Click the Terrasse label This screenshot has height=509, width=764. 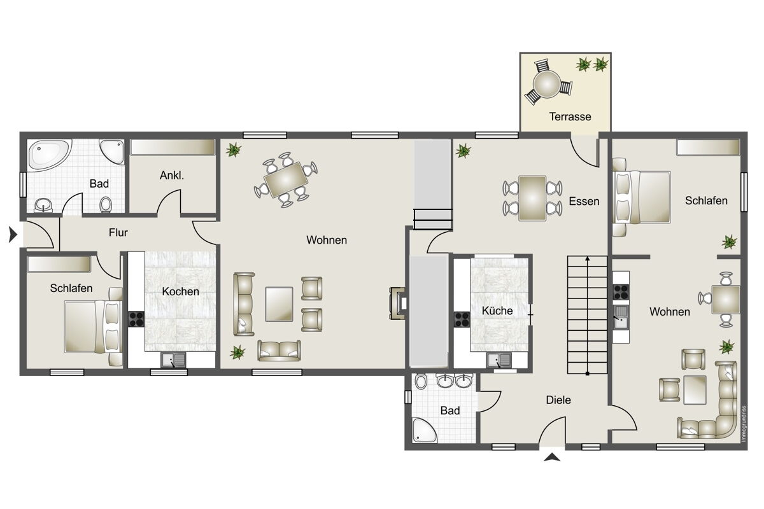[570, 116]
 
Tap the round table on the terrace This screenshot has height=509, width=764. [547, 83]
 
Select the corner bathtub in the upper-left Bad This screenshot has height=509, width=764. [50, 155]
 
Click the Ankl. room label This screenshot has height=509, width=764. [172, 175]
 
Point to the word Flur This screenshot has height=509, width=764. [118, 232]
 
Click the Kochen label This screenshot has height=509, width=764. [180, 291]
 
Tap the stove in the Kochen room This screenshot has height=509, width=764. [136, 319]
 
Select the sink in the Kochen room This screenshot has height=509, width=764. [174, 360]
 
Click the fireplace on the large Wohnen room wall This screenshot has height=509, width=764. [397, 303]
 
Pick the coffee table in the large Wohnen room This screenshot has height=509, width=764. [279, 304]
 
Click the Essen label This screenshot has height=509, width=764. [584, 201]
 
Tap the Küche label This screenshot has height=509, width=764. [497, 310]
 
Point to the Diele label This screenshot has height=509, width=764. [558, 400]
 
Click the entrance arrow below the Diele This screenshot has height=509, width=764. [552, 457]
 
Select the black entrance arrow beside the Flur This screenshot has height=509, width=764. [13, 235]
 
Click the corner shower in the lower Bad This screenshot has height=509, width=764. [424, 430]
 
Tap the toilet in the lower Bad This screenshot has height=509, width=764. [421, 382]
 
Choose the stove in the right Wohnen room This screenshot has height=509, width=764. [621, 292]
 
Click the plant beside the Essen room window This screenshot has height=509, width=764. [463, 151]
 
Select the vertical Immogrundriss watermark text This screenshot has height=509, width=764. [744, 424]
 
